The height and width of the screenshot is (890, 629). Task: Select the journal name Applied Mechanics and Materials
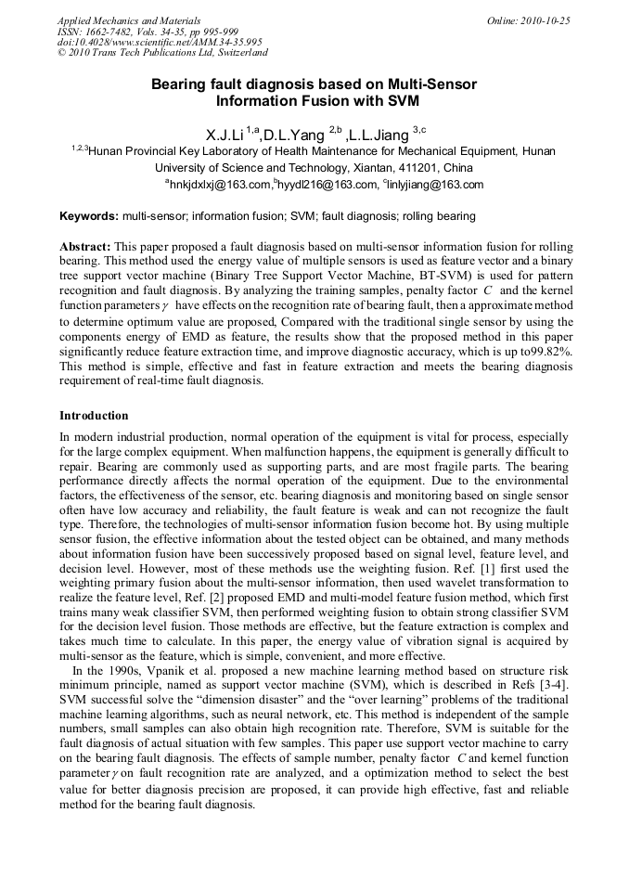coord(128,20)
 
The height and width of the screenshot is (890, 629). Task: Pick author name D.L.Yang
coord(291,135)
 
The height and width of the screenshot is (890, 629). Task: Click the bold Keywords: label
coord(89,216)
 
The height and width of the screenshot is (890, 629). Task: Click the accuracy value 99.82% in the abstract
coord(546,352)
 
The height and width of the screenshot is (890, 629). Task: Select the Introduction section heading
coord(94,415)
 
